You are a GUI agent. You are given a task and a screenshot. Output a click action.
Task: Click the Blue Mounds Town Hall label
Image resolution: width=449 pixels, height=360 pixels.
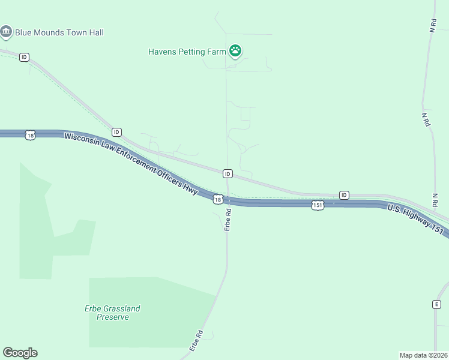(59, 32)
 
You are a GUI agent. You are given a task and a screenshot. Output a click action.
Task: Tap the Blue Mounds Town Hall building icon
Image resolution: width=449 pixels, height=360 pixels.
(7, 32)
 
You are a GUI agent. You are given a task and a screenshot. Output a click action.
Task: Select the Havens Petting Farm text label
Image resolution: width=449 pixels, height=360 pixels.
(187, 52)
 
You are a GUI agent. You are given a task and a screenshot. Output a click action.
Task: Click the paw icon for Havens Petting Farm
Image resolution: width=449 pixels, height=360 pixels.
(235, 52)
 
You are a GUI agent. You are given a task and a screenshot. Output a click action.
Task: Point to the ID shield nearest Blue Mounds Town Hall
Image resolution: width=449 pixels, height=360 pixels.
(24, 57)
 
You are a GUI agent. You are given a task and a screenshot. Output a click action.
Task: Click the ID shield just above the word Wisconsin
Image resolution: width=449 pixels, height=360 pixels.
(116, 132)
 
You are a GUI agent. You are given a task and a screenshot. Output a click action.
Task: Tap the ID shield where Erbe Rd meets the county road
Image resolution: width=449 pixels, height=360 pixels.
(228, 173)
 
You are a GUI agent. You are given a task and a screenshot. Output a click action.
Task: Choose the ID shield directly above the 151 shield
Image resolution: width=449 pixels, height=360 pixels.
(344, 195)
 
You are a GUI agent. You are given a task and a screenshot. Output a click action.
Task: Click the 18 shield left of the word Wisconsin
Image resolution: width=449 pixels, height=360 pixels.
(31, 136)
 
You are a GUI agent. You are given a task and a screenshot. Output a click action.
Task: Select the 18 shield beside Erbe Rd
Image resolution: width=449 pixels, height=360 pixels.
(218, 199)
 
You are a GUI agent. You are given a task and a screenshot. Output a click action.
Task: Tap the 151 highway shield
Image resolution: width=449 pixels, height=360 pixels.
(318, 205)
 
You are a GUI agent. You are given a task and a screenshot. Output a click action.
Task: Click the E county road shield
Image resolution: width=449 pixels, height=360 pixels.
(437, 304)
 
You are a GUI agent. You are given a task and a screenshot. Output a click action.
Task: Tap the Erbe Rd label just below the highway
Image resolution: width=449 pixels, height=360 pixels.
(228, 220)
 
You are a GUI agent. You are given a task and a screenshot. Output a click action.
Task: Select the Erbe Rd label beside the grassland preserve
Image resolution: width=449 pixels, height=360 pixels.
(197, 340)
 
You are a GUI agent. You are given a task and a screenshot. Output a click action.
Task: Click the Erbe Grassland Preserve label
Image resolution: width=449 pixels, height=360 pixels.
(112, 313)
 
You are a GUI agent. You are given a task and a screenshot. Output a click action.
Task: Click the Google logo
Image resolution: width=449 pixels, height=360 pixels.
(20, 353)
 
